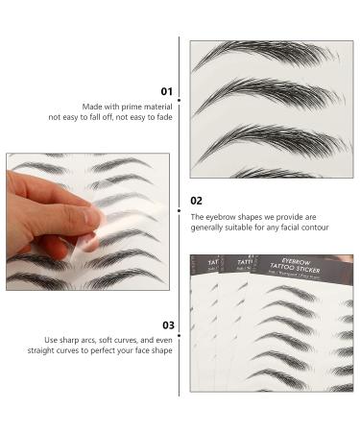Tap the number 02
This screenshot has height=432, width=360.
[196, 201]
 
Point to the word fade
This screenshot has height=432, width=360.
[164, 116]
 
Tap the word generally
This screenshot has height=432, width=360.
[210, 228]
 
